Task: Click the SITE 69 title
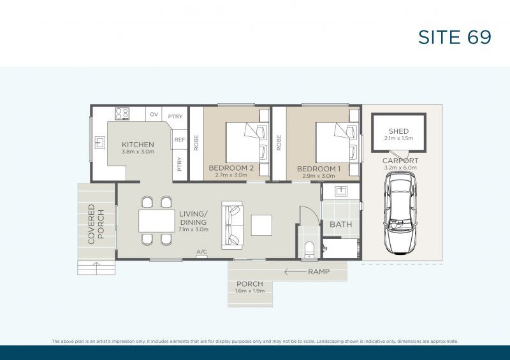(x=455, y=37)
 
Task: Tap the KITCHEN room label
(x=138, y=145)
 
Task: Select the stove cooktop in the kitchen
(x=122, y=113)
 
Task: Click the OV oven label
(x=154, y=115)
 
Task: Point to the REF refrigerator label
(x=180, y=140)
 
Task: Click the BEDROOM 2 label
(x=231, y=168)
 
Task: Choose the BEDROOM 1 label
(x=319, y=168)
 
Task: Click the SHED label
(x=398, y=131)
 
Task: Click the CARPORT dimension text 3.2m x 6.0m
(x=400, y=168)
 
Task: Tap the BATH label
(x=340, y=224)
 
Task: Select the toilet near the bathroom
(x=310, y=249)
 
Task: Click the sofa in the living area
(x=231, y=226)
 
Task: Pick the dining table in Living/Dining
(x=156, y=221)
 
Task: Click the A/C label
(x=202, y=252)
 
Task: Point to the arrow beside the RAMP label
(x=295, y=271)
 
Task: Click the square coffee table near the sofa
(x=261, y=225)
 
